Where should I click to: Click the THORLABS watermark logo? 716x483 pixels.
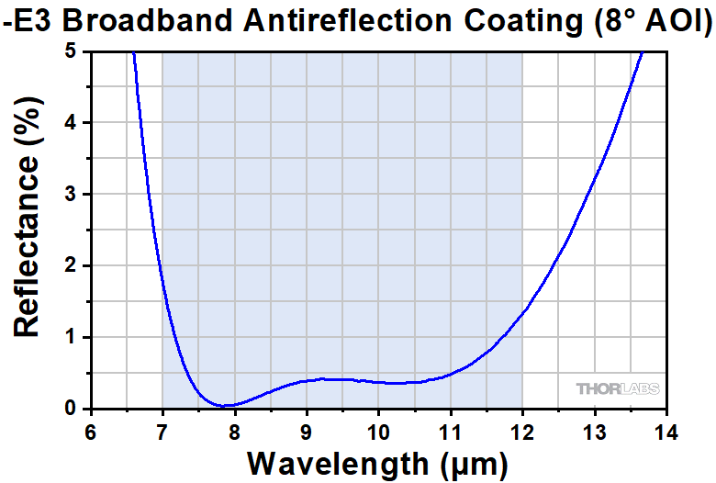[617, 389]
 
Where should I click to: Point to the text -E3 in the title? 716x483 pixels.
[27, 20]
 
